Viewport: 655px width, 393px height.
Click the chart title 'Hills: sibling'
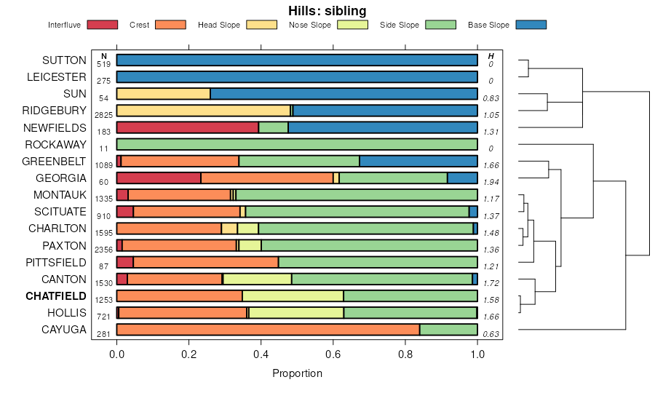coord(327,10)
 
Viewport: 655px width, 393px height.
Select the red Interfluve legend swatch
coord(102,25)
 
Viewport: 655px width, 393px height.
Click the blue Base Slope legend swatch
coord(531,25)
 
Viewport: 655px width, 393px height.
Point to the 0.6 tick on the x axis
coord(333,354)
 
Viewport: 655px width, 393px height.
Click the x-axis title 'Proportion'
coord(297,373)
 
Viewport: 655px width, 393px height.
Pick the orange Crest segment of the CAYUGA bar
coord(268,330)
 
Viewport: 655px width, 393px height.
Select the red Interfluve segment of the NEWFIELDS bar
coord(187,127)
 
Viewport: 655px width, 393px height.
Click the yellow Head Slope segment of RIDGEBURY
coord(203,111)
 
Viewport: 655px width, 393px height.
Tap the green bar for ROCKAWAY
coord(297,144)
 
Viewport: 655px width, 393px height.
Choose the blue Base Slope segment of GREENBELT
coord(418,161)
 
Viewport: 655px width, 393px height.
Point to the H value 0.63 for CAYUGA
coord(491,334)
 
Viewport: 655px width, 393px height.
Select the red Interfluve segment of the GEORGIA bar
coord(159,178)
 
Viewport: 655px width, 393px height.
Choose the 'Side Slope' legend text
coord(400,25)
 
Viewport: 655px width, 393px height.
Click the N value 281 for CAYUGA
coord(103,334)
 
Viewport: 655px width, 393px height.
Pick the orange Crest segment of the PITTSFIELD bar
coord(206,262)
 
